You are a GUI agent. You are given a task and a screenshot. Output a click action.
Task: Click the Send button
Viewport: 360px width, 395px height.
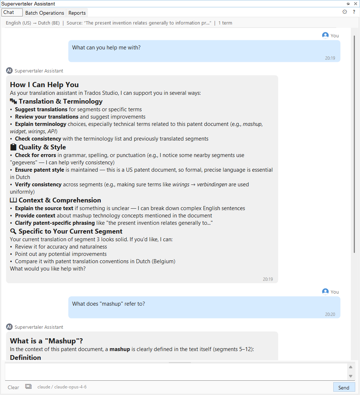344,387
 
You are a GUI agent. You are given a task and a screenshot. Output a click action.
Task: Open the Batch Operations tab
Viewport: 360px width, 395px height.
45,13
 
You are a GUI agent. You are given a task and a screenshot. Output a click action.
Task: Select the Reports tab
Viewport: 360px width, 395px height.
77,13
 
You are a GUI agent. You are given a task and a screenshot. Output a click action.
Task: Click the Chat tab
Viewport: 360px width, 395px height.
9,12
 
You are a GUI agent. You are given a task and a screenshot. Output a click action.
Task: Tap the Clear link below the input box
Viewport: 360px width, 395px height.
14,387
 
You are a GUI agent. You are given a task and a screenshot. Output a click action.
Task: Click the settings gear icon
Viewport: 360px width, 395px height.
345,12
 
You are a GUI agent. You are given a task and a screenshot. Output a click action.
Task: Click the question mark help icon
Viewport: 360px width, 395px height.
354,12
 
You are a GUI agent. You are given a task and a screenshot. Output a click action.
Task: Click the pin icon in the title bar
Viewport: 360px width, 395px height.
348,4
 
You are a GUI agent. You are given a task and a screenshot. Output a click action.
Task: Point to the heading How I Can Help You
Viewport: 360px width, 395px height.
44,85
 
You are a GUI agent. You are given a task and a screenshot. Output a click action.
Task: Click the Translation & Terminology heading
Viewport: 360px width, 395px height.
60,101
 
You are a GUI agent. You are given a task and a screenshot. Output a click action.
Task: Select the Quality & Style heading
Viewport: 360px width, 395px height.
42,147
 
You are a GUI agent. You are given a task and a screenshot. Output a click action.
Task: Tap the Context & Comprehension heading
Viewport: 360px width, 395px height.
60,200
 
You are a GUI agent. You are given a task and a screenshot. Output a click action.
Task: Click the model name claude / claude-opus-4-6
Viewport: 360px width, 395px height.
62,387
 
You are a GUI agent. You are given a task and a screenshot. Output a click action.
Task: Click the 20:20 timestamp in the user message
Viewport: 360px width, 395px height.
330,314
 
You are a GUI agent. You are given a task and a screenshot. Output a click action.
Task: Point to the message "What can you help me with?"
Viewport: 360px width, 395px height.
106,48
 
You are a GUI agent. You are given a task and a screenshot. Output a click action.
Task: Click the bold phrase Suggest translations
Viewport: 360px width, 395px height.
41,109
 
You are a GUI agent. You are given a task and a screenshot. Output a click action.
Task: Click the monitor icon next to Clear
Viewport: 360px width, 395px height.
28,387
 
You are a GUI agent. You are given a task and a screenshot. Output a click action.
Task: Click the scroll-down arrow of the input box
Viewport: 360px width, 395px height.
350,376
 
